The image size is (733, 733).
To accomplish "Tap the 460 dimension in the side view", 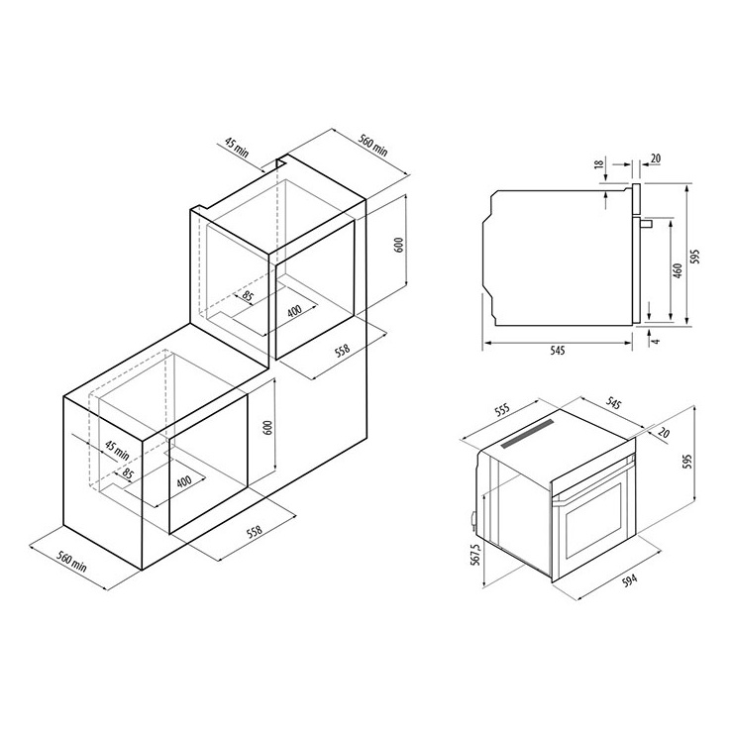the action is point(678,270).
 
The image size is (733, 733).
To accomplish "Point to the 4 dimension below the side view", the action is point(657,341).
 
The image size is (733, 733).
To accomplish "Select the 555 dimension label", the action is point(502,410).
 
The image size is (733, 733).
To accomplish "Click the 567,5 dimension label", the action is point(475,555).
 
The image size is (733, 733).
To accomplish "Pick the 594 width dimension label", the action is point(629,580).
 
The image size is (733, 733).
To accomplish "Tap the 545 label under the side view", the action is point(558,350).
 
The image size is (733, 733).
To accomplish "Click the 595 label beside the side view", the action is point(695,256).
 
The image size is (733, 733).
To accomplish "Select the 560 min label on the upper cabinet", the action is point(373,145).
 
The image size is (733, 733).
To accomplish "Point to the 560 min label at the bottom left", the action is point(72,561).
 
